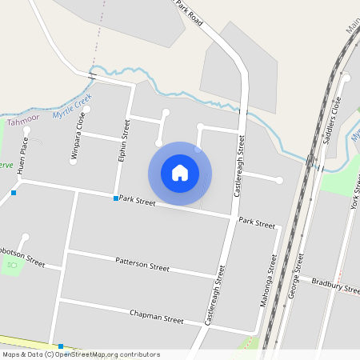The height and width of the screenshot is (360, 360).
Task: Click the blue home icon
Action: pyautogui.click(x=180, y=174)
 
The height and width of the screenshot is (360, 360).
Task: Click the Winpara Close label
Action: pyautogui.click(x=78, y=138)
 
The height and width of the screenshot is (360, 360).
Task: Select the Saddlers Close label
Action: pyautogui.click(x=331, y=126)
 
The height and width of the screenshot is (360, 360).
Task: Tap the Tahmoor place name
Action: pyautogui.click(x=22, y=122)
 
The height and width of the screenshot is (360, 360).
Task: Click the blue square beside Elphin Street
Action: pyautogui.click(x=116, y=198)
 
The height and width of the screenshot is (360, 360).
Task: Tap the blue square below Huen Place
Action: pyautogui.click(x=14, y=193)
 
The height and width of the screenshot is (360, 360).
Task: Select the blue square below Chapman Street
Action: pyautogui.click(x=61, y=346)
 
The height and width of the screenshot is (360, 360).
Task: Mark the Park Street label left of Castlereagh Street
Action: pyautogui.click(x=137, y=202)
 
